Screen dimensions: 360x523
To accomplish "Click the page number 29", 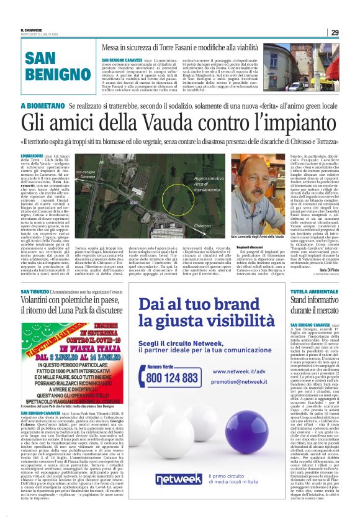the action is pyautogui.click(x=335, y=32).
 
